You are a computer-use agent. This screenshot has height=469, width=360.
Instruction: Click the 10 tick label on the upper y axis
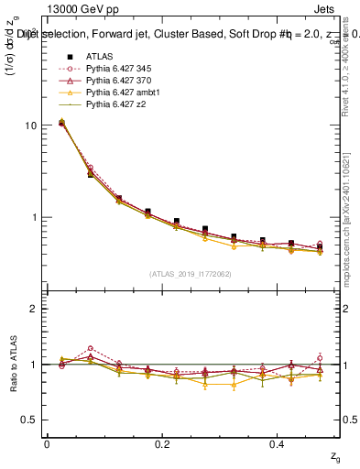(30, 125)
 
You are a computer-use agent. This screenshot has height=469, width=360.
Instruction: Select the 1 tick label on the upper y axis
(34, 218)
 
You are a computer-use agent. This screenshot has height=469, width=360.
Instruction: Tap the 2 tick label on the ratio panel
(34, 309)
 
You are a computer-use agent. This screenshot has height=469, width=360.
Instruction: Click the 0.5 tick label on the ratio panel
(29, 420)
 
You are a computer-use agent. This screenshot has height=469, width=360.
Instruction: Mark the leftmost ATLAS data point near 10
(61, 122)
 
